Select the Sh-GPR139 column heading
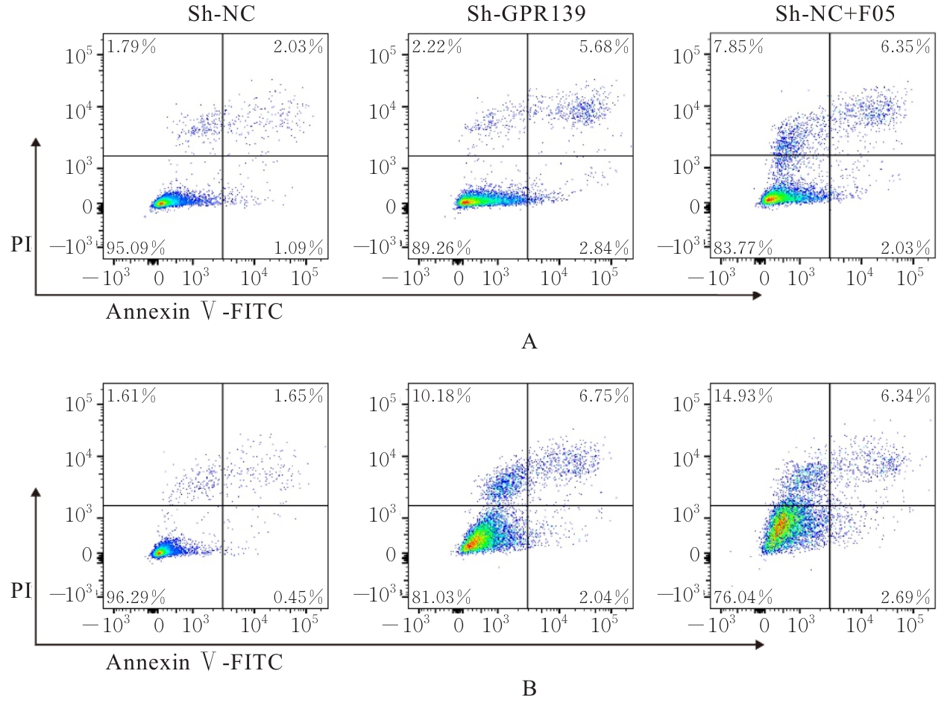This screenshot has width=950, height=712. pos(526,14)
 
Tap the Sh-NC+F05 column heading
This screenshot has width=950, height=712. pos(835,14)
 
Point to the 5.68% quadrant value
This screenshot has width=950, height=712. pos(603,47)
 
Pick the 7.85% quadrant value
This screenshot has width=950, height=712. pos(738,47)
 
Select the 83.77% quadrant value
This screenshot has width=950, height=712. pos(743,248)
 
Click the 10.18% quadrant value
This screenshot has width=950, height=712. pos(441,396)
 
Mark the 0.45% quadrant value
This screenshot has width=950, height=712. pos(298,597)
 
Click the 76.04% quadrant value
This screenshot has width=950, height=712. pos(743,597)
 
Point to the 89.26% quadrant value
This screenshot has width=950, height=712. pos(441,248)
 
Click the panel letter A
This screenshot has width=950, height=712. pos(529,342)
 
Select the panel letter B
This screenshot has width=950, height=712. pos(529,688)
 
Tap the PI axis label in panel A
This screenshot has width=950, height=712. pos(21,244)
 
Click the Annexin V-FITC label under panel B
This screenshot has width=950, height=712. pos(195,662)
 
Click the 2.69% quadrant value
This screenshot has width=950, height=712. pos(905,597)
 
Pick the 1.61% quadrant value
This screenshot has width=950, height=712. pos(131,396)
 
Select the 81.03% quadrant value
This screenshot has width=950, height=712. pos(441,597)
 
